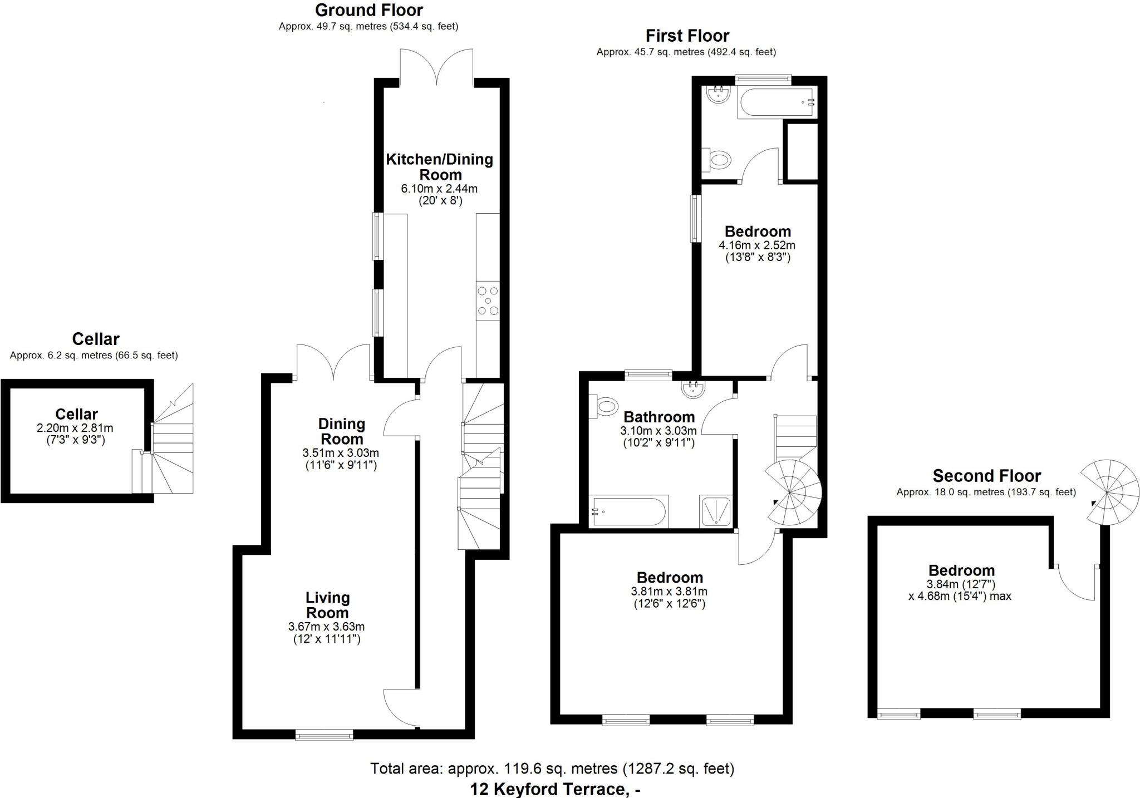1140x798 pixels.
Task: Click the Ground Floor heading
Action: (368, 10)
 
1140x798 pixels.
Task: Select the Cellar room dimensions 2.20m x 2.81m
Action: (75, 428)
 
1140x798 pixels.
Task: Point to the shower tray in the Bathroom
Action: (715, 511)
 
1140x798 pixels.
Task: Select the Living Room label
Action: (327, 605)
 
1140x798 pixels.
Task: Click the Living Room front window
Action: (324, 735)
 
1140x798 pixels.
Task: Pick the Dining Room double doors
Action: (333, 362)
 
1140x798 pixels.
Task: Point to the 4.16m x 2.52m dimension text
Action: (757, 245)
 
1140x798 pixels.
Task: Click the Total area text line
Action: (552, 769)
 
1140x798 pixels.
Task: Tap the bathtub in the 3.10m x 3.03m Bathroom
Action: (629, 511)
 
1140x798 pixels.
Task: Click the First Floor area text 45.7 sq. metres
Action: (686, 52)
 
